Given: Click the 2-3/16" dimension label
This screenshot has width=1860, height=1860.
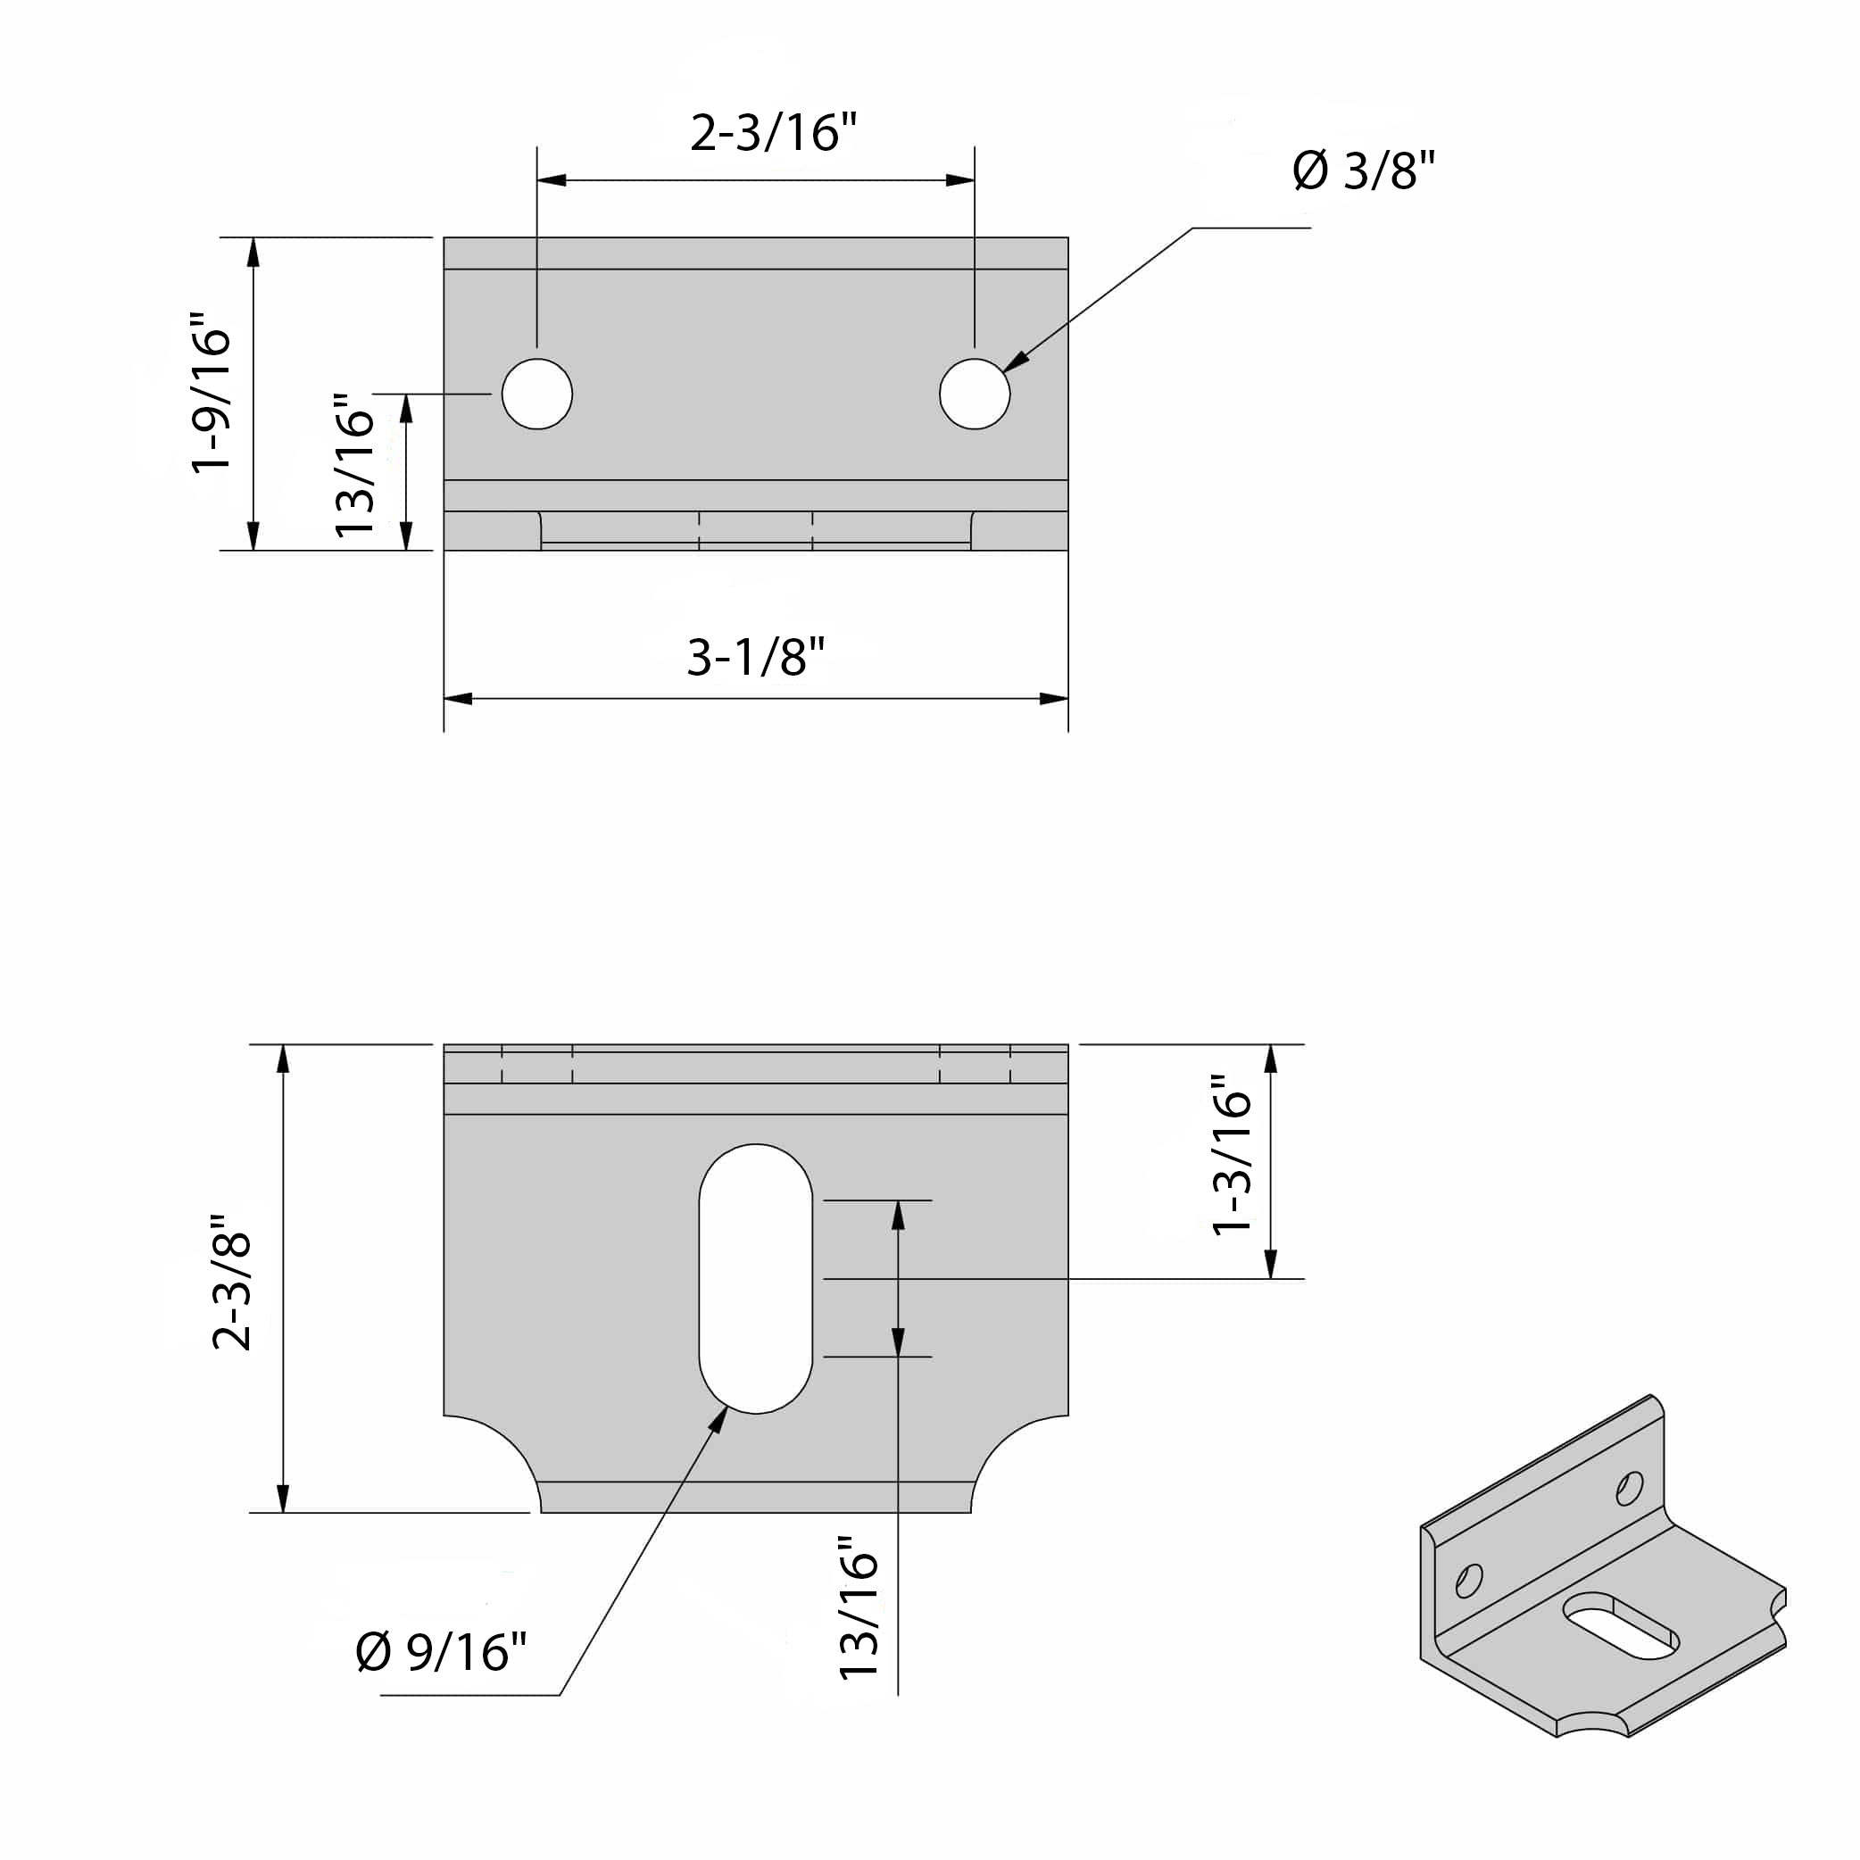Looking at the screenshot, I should [773, 133].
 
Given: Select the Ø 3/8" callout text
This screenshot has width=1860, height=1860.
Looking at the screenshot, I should [1363, 172].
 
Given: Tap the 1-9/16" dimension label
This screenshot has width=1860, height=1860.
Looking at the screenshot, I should [212, 392].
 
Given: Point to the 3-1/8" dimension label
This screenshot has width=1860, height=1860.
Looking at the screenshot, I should [756, 658].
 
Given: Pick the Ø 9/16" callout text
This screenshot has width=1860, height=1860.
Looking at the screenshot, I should [441, 1652].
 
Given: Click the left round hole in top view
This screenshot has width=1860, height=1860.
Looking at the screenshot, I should [537, 394].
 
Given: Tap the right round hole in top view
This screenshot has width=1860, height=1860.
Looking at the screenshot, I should [975, 394].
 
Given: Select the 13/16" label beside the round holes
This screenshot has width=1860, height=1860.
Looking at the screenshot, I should [353, 465].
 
